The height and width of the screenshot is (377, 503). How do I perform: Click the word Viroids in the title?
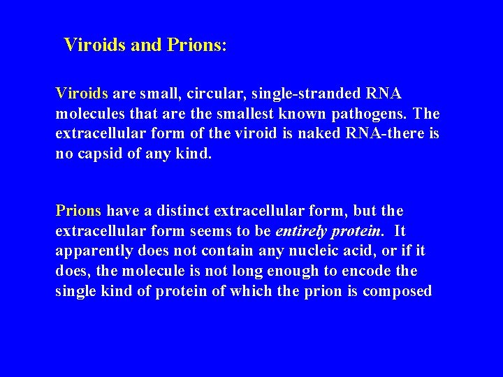[91, 45]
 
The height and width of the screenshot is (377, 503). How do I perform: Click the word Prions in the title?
[197, 45]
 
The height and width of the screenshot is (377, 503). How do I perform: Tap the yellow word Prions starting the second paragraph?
[78, 211]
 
